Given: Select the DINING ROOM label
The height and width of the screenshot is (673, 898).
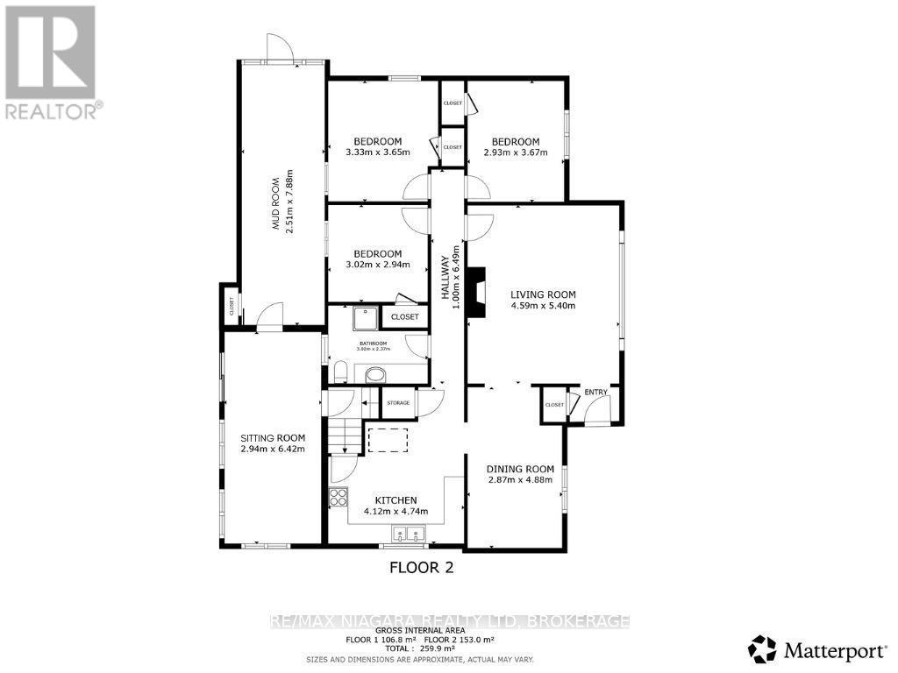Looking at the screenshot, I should coord(521,469).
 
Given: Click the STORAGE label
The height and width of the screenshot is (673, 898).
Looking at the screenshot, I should coord(398,402).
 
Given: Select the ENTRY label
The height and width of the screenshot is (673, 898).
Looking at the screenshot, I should coord(595,392).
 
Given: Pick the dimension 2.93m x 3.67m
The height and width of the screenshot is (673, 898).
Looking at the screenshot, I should coord(515,152).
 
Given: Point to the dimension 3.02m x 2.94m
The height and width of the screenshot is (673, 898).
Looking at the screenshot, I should coord(378,265).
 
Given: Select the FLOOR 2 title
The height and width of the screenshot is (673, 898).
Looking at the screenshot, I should coord(421,567).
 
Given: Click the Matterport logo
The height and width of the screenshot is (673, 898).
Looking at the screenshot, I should coord(816,649).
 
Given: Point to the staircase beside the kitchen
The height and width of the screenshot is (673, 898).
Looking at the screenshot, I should coord(345,435).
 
